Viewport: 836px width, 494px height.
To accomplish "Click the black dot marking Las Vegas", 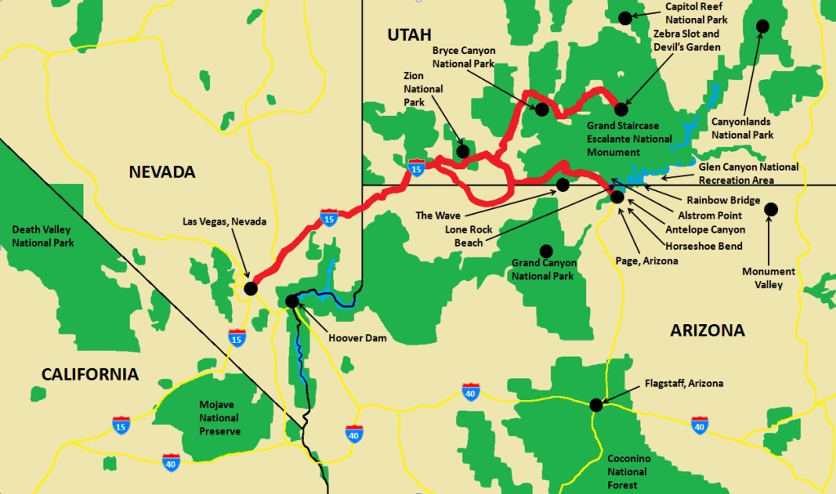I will pyautogui.click(x=251, y=288).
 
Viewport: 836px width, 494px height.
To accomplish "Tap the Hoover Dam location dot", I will pyautogui.click(x=292, y=301).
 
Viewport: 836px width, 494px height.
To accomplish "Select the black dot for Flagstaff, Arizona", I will pyautogui.click(x=596, y=404).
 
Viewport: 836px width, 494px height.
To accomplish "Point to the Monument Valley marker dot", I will pyautogui.click(x=771, y=210).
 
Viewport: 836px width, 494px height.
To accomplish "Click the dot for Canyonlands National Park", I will pyautogui.click(x=763, y=26).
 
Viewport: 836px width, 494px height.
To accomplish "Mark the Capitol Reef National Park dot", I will pyautogui.click(x=625, y=17).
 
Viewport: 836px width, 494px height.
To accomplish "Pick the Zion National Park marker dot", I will pyautogui.click(x=463, y=151).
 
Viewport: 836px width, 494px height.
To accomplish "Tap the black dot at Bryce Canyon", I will pyautogui.click(x=540, y=109).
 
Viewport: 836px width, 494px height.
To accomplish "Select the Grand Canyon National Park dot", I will pyautogui.click(x=545, y=250).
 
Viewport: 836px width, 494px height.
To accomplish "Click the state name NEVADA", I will pyautogui.click(x=162, y=171).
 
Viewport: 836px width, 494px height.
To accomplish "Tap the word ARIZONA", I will pyautogui.click(x=707, y=331).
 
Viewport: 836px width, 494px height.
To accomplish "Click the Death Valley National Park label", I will pyautogui.click(x=42, y=237).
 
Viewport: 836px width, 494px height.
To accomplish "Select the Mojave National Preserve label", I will pyautogui.click(x=220, y=417).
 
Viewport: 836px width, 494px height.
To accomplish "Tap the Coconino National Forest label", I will pyautogui.click(x=627, y=472).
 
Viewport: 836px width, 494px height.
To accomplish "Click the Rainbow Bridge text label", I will pyautogui.click(x=723, y=200).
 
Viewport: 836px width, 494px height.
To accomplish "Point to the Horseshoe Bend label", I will pyautogui.click(x=704, y=245).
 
